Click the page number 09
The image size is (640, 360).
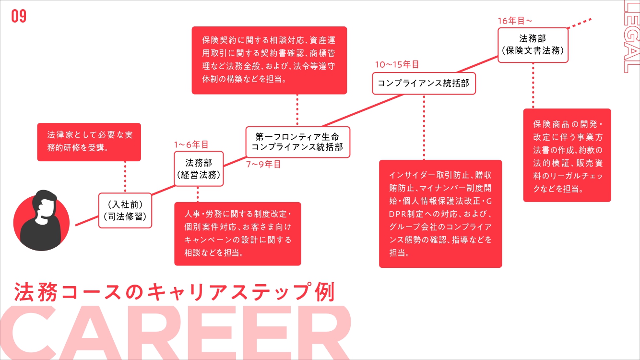(19, 17)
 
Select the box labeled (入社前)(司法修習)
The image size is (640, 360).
(125, 210)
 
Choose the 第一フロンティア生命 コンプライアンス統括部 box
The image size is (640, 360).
(297, 142)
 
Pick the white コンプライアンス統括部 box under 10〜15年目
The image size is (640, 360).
(424, 84)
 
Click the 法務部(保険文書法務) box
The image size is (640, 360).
(533, 44)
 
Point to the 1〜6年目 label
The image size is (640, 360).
(191, 144)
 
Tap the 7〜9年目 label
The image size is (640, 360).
(263, 164)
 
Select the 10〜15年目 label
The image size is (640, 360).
(397, 64)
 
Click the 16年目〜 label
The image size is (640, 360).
(515, 21)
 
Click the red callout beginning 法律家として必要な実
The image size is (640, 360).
(89, 142)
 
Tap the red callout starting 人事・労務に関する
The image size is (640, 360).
(237, 233)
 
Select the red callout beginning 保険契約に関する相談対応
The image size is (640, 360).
(269, 60)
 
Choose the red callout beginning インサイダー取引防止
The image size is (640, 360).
(440, 214)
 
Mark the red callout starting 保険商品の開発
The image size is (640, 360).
(567, 155)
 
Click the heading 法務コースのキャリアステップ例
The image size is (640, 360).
(174, 292)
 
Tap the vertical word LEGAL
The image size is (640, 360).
(631, 36)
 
